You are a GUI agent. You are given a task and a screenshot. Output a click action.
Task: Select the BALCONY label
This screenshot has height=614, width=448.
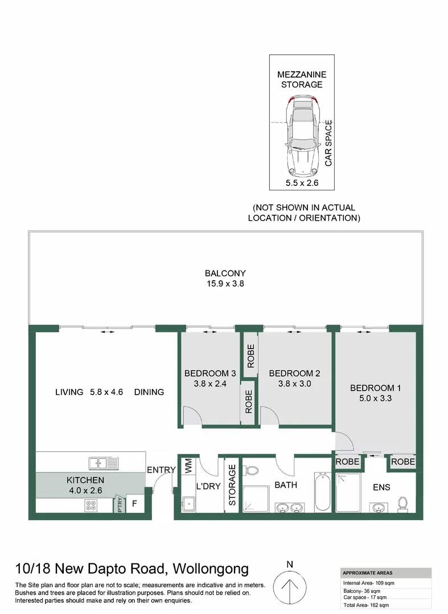[225, 273]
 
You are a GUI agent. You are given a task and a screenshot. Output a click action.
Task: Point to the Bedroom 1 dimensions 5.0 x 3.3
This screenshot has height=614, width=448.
[375, 399]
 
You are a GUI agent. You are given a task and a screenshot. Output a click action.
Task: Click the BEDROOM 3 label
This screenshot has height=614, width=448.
[210, 374]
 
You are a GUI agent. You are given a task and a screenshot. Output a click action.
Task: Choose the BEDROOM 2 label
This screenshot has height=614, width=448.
[294, 374]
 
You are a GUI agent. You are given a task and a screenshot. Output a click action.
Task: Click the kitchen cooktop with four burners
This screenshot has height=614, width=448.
[92, 504]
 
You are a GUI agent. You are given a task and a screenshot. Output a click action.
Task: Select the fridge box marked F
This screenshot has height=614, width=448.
[135, 504]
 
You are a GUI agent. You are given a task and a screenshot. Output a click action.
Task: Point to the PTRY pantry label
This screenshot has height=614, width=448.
[120, 504]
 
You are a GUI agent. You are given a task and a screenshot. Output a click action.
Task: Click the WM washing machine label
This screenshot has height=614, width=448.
[188, 467]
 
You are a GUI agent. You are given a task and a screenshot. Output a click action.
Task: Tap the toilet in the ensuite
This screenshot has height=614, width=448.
[404, 504]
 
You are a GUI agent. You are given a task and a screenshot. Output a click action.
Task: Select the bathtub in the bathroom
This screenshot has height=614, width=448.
[321, 492]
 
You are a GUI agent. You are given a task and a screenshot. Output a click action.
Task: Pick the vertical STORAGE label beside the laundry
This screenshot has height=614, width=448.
[232, 485]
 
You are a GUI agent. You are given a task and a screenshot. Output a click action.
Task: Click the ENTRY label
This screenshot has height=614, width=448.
[161, 470]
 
